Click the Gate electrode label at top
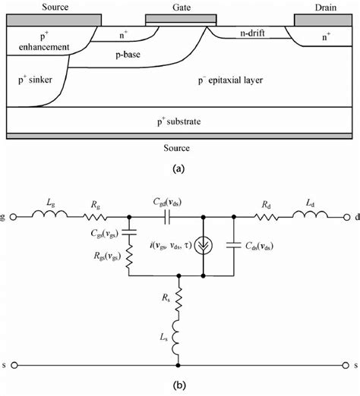pyautogui.click(x=180, y=7)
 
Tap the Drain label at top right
pyautogui.click(x=326, y=7)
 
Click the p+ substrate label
pyautogui.click(x=180, y=121)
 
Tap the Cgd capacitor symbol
pyautogui.click(x=163, y=216)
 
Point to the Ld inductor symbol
pyautogui.click(x=314, y=216)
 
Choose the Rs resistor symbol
pyautogui.click(x=180, y=300)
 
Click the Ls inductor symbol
pyautogui.click(x=180, y=338)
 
